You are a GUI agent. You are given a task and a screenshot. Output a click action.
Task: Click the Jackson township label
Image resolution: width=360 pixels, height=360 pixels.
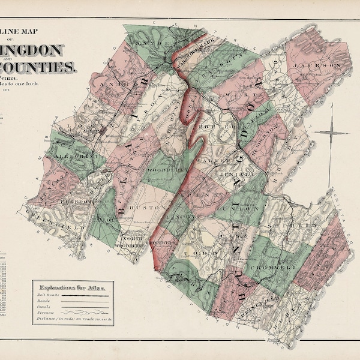326,62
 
